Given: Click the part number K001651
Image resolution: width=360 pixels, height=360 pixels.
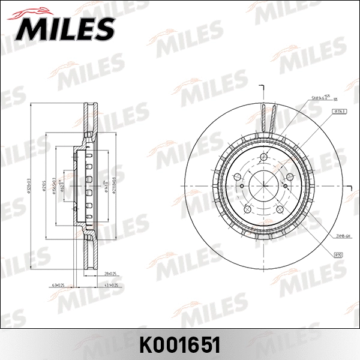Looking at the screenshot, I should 180,344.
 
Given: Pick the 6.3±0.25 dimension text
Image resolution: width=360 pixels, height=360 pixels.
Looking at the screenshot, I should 59,285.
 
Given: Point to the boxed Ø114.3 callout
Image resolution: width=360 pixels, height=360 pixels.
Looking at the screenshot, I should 339,112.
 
